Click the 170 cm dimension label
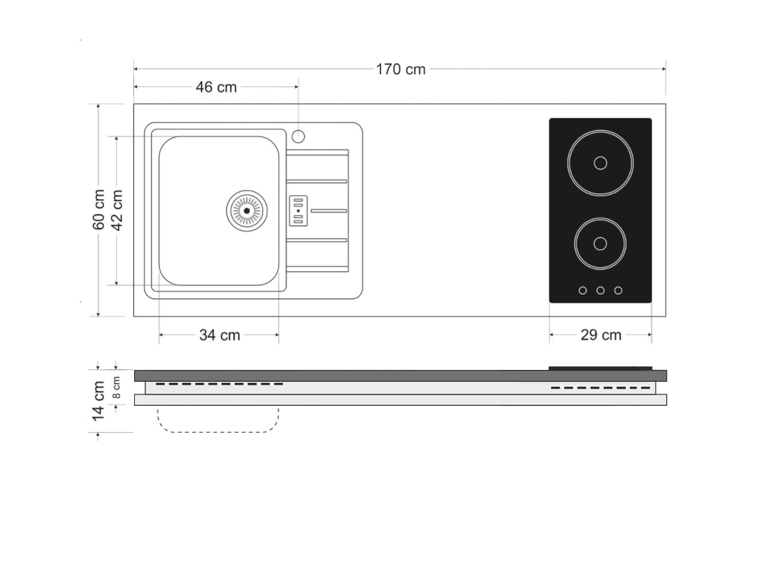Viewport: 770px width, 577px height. coord(400,69)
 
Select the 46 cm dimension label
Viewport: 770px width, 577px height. coord(216,87)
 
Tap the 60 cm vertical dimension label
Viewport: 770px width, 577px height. coord(99,210)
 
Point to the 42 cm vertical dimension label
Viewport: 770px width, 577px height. coord(117,210)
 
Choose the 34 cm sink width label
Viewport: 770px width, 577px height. coord(219,335)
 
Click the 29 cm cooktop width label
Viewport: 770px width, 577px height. coord(601,335)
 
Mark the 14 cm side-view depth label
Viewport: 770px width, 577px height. coord(98,401)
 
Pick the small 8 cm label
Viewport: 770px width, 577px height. coord(117,387)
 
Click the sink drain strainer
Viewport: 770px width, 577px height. coord(246,211)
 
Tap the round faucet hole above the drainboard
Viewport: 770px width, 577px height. coord(298,137)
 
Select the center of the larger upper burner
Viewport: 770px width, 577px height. coord(600,163)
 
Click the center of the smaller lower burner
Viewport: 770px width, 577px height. coord(600,244)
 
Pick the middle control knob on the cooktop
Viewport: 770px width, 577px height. coord(600,290)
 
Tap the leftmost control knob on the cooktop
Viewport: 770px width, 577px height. coord(583,290)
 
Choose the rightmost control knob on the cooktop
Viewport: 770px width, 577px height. coord(618,290)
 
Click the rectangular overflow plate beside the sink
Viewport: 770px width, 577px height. coord(298,211)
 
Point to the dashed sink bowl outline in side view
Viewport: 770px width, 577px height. coord(218,432)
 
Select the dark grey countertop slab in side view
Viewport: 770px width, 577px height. coord(400,376)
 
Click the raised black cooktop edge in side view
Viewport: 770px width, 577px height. coord(600,368)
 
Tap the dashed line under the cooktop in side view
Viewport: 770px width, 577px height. coord(600,388)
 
